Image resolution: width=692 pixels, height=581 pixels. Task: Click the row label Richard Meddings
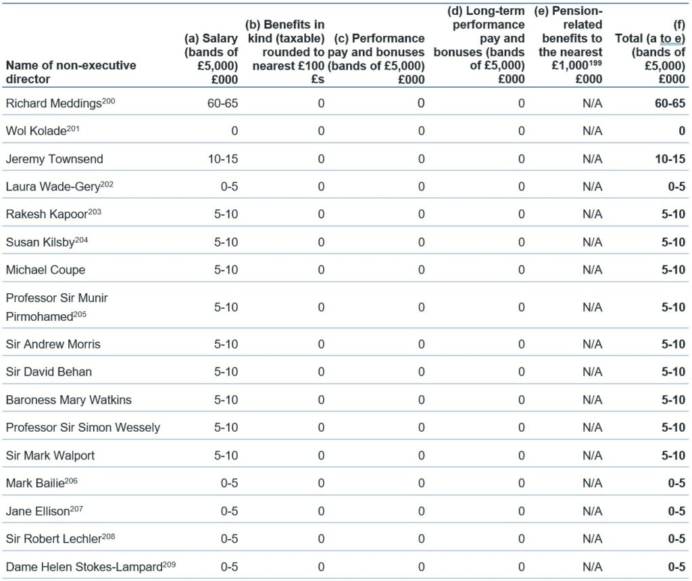click(x=54, y=103)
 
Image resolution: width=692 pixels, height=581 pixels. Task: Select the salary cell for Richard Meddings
click(x=222, y=103)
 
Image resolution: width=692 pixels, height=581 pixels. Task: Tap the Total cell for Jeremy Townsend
click(x=670, y=159)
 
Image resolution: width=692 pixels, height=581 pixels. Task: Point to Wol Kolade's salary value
click(x=234, y=131)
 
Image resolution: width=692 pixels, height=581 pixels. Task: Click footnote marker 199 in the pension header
click(x=595, y=62)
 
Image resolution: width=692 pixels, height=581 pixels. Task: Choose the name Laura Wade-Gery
click(x=53, y=187)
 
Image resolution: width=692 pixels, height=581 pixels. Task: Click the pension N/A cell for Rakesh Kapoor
click(x=592, y=214)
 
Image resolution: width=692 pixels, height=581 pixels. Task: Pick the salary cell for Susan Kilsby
click(x=226, y=242)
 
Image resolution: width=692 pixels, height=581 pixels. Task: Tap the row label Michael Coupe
click(x=45, y=270)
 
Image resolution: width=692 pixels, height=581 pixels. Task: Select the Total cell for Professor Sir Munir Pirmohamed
click(x=673, y=307)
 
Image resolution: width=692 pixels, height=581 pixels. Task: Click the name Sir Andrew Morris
click(x=53, y=344)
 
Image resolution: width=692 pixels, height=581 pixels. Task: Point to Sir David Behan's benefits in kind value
click(x=321, y=372)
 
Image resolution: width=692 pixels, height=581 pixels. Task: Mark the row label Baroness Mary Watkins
click(x=68, y=400)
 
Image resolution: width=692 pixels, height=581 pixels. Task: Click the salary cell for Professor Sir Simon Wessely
click(x=226, y=428)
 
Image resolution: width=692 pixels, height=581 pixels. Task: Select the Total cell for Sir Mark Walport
click(x=673, y=455)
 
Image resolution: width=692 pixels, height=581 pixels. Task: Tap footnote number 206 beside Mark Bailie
click(x=71, y=480)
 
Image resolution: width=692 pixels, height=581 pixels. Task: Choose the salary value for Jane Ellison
click(x=229, y=511)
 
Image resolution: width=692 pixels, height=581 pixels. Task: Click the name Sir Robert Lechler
click(x=54, y=539)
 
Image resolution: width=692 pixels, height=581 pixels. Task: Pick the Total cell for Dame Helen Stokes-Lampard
click(x=676, y=566)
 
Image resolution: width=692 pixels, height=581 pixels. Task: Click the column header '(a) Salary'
click(x=211, y=39)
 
